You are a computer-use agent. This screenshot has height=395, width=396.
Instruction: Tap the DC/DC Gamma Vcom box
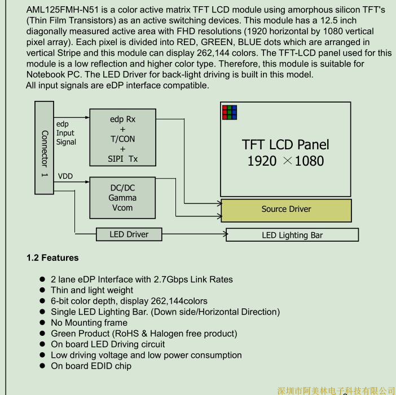pos(122,198)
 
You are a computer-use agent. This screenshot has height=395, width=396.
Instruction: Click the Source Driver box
pos(286,210)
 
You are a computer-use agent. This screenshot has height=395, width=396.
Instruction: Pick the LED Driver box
pos(129,234)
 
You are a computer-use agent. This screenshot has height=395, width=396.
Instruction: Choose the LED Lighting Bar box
pos(292,235)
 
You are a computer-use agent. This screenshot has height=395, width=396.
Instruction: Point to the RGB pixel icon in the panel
pos(229,112)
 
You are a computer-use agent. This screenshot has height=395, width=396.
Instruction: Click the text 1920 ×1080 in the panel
pos(285,161)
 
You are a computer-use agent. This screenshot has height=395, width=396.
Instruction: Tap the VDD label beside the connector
pos(65,176)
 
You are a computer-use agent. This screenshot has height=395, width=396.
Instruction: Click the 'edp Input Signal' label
pos(65,133)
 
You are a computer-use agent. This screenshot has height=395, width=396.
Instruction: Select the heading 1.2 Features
pos(52,258)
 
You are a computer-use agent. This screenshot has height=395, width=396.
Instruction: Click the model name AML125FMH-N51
pos(63,10)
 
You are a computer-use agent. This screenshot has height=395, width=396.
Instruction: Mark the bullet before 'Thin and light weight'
pos(42,291)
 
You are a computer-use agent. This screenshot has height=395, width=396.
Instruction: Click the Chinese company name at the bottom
pos(336,390)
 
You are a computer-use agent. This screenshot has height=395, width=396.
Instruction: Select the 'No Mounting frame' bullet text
pos(89,323)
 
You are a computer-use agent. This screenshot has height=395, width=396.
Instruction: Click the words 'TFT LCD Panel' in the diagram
pos(285,144)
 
